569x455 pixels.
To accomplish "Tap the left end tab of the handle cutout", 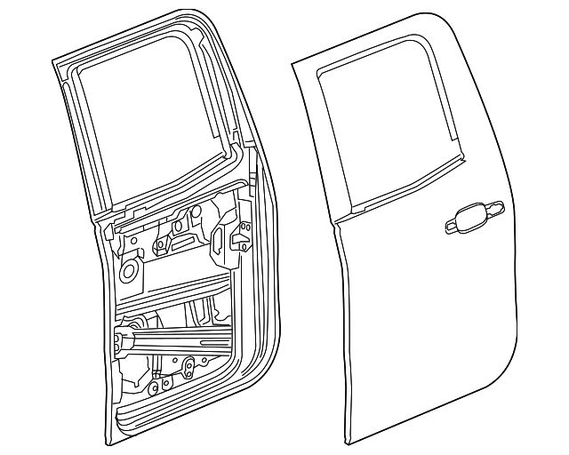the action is [444, 226].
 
